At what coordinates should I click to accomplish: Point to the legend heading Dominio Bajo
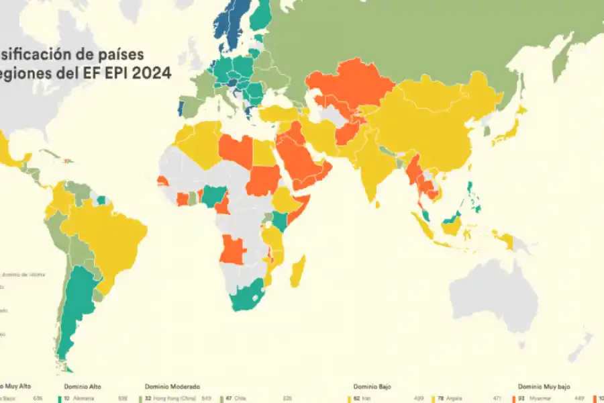pyautogui.click(x=372, y=387)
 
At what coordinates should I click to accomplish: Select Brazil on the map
pyautogui.click(x=111, y=235)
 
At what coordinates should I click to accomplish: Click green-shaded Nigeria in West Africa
pyautogui.click(x=214, y=195)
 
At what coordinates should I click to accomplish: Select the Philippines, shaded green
pyautogui.click(x=474, y=195)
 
